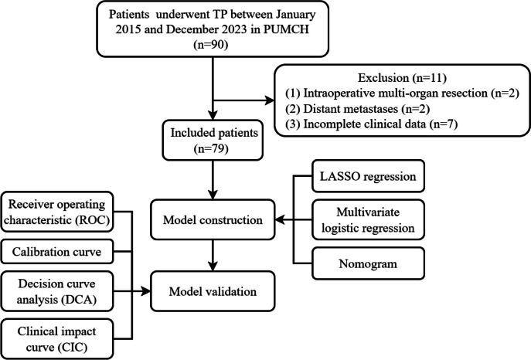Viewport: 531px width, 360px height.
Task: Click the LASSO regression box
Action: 368,176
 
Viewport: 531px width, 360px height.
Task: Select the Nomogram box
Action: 368,263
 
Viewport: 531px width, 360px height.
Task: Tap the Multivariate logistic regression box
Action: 368,220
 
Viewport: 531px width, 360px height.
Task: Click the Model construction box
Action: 213,220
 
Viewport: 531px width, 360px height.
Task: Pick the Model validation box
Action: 213,291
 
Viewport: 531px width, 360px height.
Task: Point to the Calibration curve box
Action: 57,252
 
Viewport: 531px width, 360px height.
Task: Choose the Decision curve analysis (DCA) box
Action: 57,291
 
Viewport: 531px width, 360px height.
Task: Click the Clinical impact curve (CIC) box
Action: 57,339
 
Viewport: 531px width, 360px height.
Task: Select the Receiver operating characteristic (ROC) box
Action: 57,212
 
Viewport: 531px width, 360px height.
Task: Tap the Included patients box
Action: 213,140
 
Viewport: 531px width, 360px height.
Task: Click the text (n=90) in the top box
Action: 211,45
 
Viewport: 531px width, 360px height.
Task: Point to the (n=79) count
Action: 211,148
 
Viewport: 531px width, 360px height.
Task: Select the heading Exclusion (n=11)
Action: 403,78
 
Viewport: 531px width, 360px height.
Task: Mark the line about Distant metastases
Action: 358,109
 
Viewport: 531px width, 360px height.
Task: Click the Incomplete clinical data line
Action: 372,124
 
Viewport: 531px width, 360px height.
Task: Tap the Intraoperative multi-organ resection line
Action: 403,93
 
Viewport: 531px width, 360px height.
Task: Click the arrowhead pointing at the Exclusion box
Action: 270,100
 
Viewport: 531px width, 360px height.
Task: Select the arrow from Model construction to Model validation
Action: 213,256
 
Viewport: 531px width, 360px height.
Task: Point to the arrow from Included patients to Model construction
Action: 213,180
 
